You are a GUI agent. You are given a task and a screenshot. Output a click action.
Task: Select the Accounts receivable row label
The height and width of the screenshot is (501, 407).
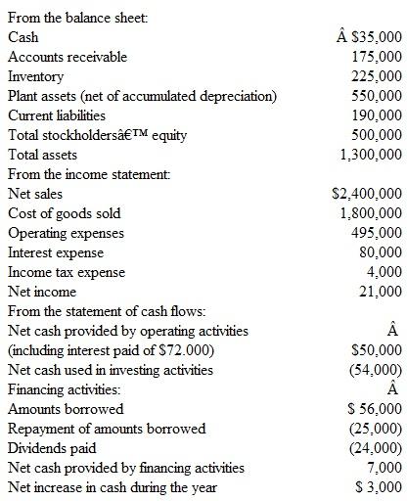(x=68, y=57)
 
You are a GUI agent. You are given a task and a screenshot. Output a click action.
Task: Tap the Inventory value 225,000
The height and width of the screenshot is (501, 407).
(x=377, y=76)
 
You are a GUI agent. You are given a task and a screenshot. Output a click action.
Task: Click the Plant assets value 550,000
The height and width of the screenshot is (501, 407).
(x=377, y=96)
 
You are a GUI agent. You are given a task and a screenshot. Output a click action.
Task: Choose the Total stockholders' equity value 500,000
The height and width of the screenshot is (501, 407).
(x=377, y=135)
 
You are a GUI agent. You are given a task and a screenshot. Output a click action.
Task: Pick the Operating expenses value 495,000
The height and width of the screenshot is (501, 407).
(x=377, y=233)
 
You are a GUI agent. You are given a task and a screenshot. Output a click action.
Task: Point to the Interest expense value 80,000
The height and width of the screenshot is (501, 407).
(x=381, y=252)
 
